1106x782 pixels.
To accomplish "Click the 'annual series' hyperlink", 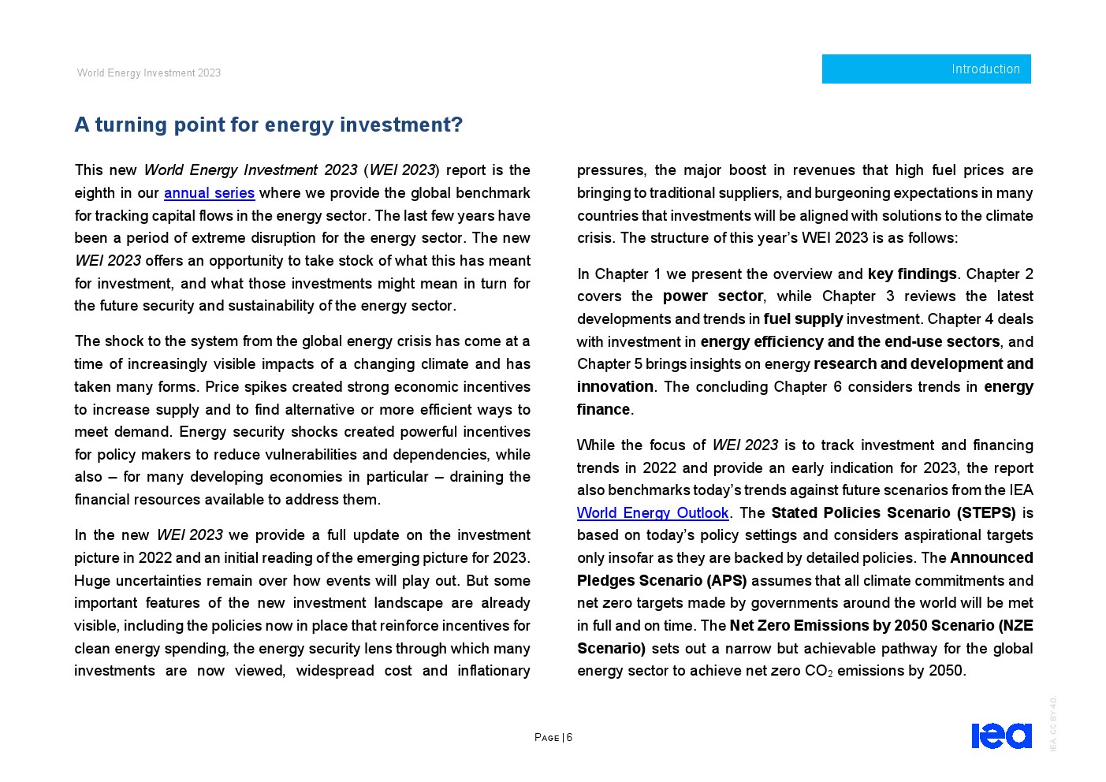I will coord(209,193).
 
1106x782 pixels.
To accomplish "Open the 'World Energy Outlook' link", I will coord(653,513).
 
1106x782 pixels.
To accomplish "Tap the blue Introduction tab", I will coord(926,69).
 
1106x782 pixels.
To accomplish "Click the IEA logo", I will coord(1001,735).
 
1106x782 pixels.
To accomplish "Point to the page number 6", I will coord(569,738).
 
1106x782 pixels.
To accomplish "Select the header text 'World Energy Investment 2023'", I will coord(149,73).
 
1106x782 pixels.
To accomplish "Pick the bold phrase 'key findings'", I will coord(912,274).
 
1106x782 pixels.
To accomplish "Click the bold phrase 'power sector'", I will coord(713,296).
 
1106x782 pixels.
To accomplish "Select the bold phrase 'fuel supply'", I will coord(803,319).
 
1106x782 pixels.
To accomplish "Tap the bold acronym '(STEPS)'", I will coord(986,513).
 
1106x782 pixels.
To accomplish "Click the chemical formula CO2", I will coord(818,672).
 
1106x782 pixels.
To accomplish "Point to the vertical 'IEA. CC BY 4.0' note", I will coord(1053,724).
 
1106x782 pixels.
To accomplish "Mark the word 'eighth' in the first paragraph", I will coord(95,193).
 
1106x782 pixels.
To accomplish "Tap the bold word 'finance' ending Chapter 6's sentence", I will coord(604,410).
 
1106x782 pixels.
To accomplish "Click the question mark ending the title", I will coord(456,125).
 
